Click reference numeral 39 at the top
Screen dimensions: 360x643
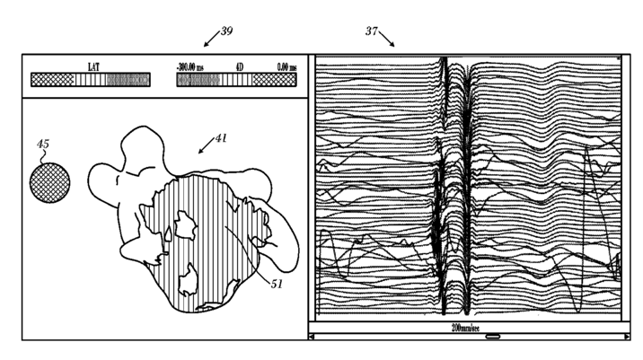click(x=226, y=31)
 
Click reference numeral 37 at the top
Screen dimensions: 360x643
click(x=371, y=31)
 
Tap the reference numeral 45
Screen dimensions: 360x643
click(x=44, y=144)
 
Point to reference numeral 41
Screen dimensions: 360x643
click(x=221, y=139)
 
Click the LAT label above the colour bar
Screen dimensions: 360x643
click(x=93, y=67)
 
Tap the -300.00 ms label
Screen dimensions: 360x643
click(x=192, y=67)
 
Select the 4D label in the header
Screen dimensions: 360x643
click(x=239, y=67)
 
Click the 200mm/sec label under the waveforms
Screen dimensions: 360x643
click(x=466, y=329)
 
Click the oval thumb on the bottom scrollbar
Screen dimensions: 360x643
click(x=492, y=337)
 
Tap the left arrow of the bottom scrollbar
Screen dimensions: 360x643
click(x=313, y=337)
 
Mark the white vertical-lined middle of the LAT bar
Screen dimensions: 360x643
click(x=90, y=80)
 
